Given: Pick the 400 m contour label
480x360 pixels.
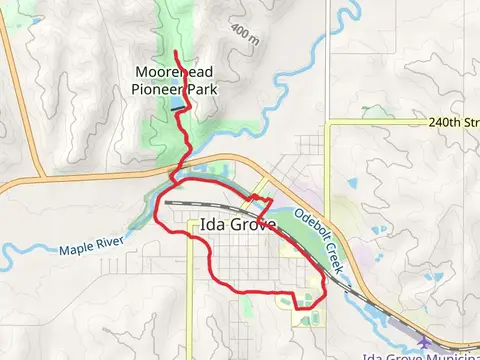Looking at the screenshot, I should tap(243, 35).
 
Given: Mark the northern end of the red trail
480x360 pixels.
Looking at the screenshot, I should tap(177, 52).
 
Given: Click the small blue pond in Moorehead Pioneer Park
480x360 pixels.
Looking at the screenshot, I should tap(177, 103).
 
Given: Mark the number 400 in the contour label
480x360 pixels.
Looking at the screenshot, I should tap(239, 31).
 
